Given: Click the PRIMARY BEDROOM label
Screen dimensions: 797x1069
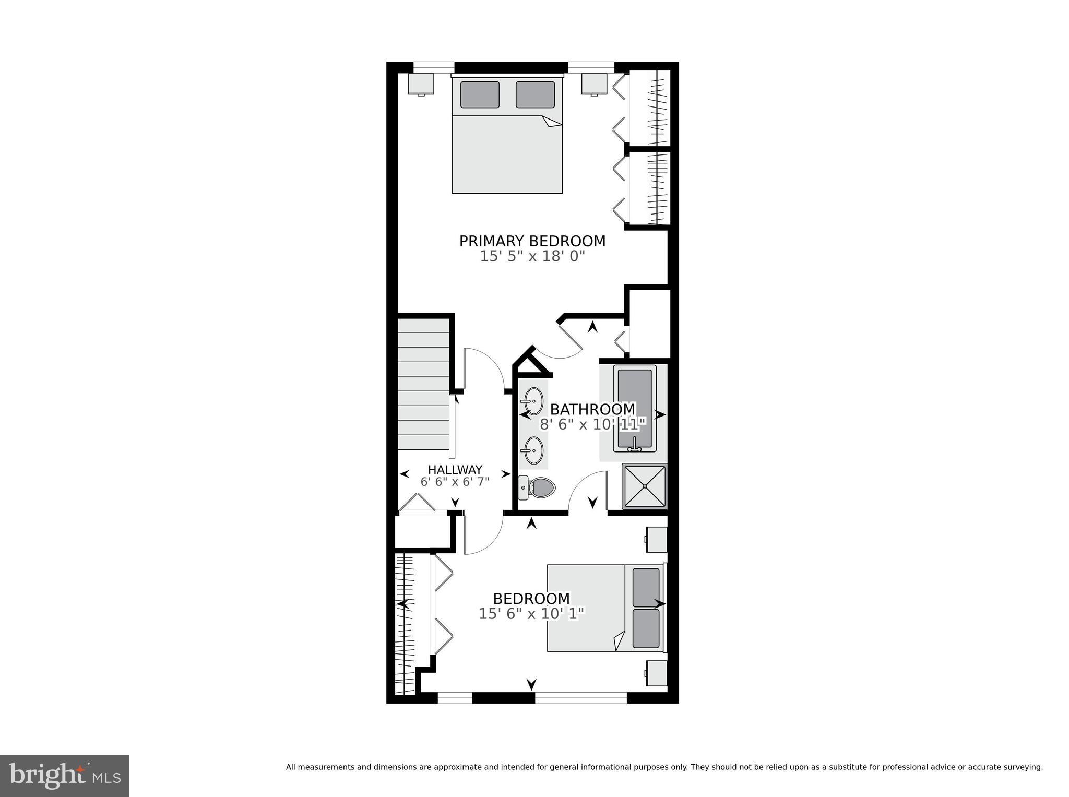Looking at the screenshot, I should click(532, 241).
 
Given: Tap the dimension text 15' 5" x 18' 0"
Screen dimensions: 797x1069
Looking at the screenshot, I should click(532, 256).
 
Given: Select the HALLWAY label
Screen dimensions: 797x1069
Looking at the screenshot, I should click(455, 470).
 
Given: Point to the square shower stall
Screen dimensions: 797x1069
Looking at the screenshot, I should click(645, 486).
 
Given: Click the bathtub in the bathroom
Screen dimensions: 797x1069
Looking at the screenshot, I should click(635, 410).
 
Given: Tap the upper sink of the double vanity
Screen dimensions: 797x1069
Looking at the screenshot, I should click(533, 401).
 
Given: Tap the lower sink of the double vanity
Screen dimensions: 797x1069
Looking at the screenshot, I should click(533, 450).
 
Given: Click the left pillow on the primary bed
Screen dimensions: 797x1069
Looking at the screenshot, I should click(480, 94).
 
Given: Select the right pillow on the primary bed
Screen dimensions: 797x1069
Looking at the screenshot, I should click(535, 94).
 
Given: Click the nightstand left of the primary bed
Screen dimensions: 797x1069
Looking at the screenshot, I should click(421, 84).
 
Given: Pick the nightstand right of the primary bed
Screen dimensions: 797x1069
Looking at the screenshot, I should click(595, 84).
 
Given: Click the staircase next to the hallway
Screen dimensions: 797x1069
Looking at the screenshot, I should click(423, 384).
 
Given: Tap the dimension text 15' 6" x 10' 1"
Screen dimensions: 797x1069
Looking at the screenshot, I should click(531, 614).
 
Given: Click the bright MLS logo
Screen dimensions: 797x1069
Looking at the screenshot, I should click(65, 775).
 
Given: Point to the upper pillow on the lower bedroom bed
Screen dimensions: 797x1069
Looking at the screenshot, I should click(646, 587).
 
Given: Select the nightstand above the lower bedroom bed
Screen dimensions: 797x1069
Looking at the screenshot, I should click(656, 539).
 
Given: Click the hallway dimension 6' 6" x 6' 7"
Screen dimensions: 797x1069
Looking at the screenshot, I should click(455, 482).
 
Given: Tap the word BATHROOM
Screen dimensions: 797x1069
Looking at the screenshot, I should click(592, 409).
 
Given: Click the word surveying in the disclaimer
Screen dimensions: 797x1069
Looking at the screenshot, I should click(1023, 767).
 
